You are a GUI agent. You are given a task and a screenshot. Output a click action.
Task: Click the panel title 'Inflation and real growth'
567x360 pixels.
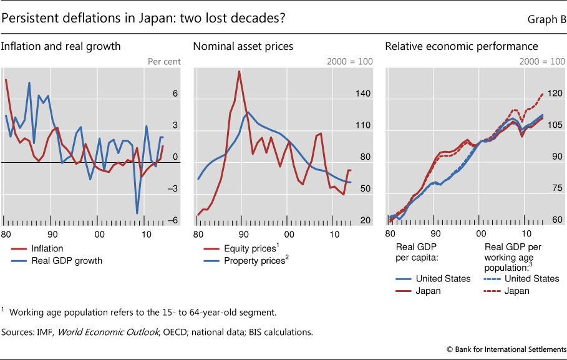coord(61,46)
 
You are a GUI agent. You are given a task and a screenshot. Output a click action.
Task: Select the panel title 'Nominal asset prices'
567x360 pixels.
coord(243,46)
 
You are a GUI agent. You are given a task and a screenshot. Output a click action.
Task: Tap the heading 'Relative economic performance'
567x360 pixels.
coord(462,46)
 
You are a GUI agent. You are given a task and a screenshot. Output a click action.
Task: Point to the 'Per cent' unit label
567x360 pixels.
coord(163,61)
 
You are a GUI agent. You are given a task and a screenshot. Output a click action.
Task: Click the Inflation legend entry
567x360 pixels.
coord(47,248)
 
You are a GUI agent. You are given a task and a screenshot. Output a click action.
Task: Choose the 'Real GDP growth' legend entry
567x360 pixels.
coord(67,261)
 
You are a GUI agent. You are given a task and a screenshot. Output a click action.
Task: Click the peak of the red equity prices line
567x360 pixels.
coord(239,71)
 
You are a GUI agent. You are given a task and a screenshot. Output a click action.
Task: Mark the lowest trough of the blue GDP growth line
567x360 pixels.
coord(137,214)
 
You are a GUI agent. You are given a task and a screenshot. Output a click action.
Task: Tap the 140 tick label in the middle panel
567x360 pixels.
coord(346,94)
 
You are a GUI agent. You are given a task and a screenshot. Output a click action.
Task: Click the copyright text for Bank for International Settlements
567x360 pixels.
coord(506,349)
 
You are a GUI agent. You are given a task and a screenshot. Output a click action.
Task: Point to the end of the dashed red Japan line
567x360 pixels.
coord(543,94)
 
